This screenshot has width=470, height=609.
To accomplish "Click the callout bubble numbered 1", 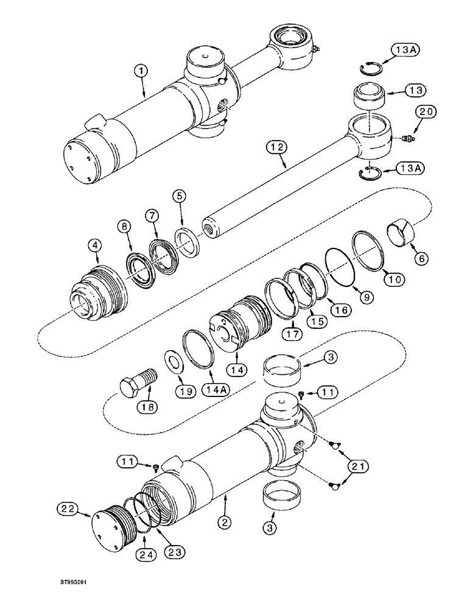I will click(141, 71).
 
